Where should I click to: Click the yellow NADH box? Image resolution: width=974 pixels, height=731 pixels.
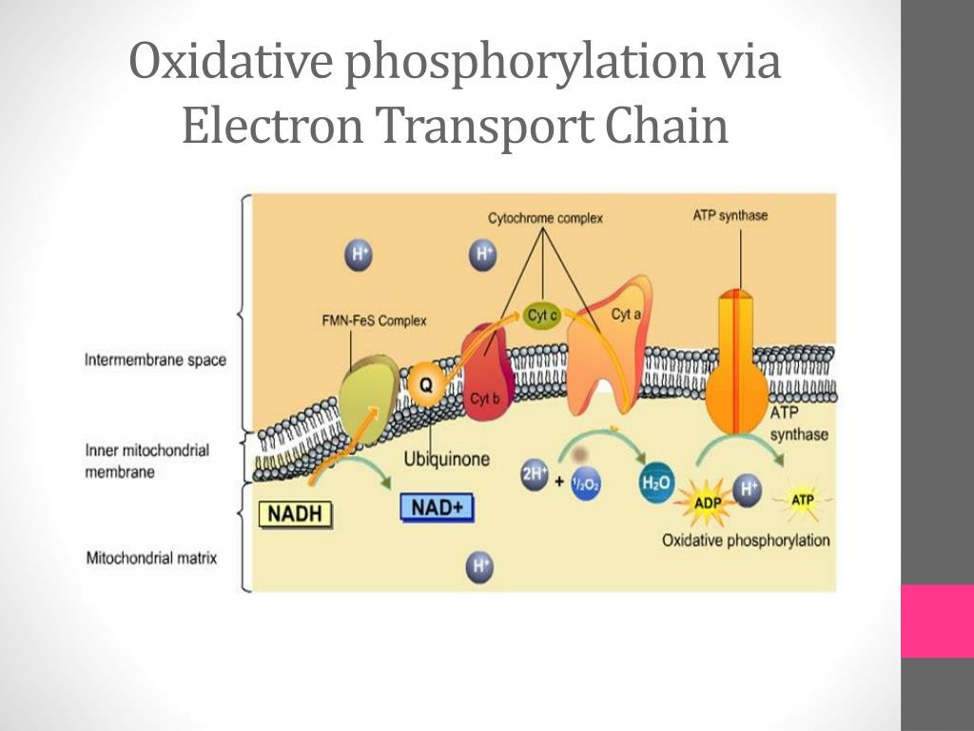[297, 515]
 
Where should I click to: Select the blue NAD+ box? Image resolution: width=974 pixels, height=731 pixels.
[437, 507]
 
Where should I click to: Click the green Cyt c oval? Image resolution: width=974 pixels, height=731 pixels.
[541, 316]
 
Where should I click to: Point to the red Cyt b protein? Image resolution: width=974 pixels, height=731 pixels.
[486, 371]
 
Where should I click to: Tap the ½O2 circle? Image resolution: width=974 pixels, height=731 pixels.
[583, 484]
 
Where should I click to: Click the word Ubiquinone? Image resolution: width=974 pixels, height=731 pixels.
[447, 459]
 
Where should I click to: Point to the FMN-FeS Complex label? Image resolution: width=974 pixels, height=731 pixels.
[374, 321]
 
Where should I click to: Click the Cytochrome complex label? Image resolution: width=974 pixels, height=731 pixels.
[545, 218]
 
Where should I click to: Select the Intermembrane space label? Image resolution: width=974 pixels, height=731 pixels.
[156, 361]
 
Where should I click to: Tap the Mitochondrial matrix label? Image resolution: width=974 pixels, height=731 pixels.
[151, 558]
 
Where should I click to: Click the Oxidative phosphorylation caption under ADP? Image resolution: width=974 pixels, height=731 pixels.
[746, 541]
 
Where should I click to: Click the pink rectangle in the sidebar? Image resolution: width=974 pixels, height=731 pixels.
[937, 621]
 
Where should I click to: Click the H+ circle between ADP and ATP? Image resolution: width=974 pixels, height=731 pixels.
[750, 488]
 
